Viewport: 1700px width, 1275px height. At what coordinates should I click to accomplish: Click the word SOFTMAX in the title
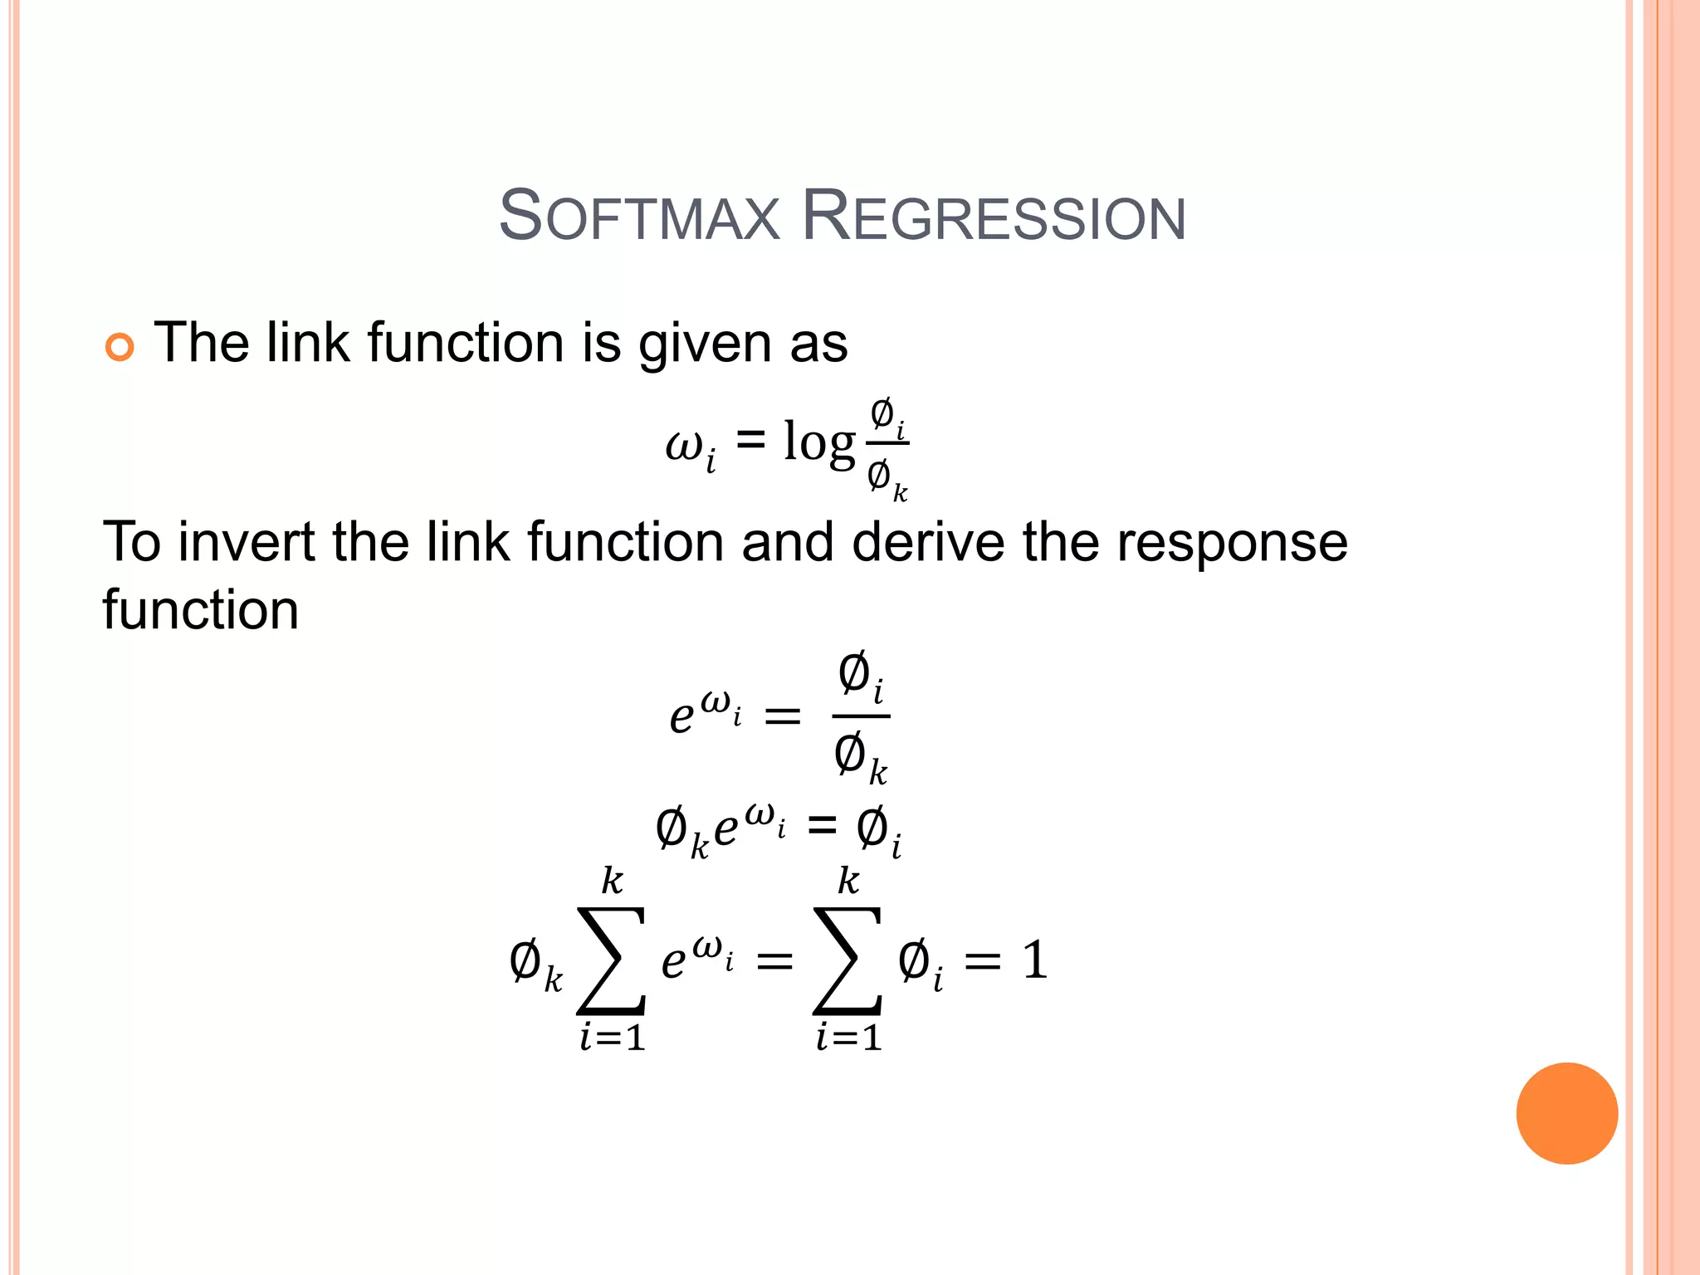pyautogui.click(x=640, y=217)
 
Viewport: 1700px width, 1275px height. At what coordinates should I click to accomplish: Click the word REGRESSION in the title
pyautogui.click(x=994, y=217)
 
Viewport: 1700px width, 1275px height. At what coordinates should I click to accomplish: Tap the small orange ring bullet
pyautogui.click(x=120, y=347)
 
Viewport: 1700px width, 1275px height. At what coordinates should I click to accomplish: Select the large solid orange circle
pyautogui.click(x=1566, y=1113)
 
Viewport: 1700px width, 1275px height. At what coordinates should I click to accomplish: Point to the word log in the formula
pyautogui.click(x=818, y=442)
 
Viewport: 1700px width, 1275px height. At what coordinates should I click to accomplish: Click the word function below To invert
pyautogui.click(x=200, y=609)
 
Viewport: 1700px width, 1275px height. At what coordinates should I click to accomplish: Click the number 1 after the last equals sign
pyautogui.click(x=1034, y=960)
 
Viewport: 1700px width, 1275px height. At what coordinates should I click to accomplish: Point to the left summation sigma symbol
pyautogui.click(x=612, y=960)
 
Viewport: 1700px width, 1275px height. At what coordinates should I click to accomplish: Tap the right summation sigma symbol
pyautogui.click(x=848, y=960)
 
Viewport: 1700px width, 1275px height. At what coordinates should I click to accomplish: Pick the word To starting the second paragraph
pyautogui.click(x=131, y=542)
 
